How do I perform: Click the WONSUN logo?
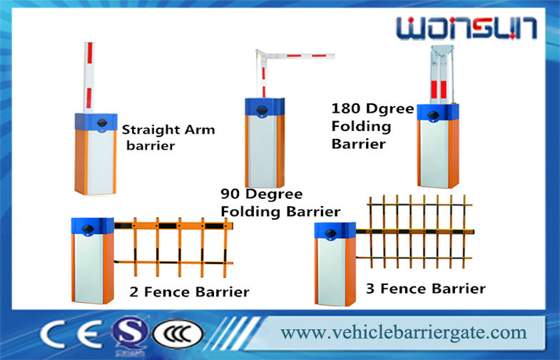(x=467, y=28)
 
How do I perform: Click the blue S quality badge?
(x=129, y=334)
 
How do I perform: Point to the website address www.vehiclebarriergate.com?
(x=404, y=333)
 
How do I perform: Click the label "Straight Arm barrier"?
(x=168, y=138)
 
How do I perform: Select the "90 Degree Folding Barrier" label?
(x=280, y=202)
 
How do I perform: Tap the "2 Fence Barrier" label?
(x=189, y=292)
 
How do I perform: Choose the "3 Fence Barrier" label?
(x=426, y=288)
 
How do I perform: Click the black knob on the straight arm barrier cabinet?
(x=102, y=123)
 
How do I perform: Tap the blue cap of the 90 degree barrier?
(x=265, y=107)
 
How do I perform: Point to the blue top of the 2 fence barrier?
(x=93, y=226)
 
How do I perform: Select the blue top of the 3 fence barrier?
(x=335, y=230)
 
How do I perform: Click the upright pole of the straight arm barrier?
(x=88, y=78)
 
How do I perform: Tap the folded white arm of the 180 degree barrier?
(x=442, y=74)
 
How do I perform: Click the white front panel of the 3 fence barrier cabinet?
(x=331, y=272)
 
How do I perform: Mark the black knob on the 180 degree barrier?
(x=434, y=115)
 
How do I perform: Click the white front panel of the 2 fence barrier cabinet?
(x=89, y=267)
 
